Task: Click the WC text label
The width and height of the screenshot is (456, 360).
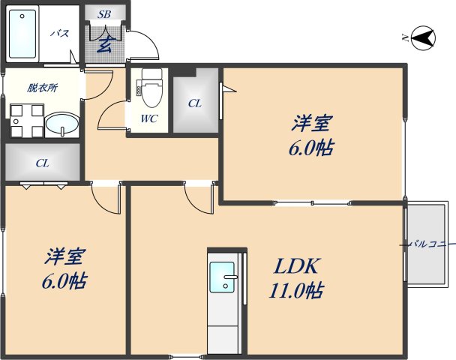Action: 149,118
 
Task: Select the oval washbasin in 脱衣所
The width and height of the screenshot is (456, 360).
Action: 61,124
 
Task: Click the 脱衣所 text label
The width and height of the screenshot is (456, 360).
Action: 42,88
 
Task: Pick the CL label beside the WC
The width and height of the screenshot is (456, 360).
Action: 194,103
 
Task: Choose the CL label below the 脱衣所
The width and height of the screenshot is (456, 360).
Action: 42,162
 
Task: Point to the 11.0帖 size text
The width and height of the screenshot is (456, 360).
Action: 296,289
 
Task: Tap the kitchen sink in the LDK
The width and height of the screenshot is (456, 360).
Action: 223,278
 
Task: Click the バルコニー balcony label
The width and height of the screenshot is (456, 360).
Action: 432,244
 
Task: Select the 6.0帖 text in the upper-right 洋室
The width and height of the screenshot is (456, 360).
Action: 310,147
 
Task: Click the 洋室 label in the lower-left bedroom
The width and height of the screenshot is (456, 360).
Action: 62,256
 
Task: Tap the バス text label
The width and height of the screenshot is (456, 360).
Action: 59,34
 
